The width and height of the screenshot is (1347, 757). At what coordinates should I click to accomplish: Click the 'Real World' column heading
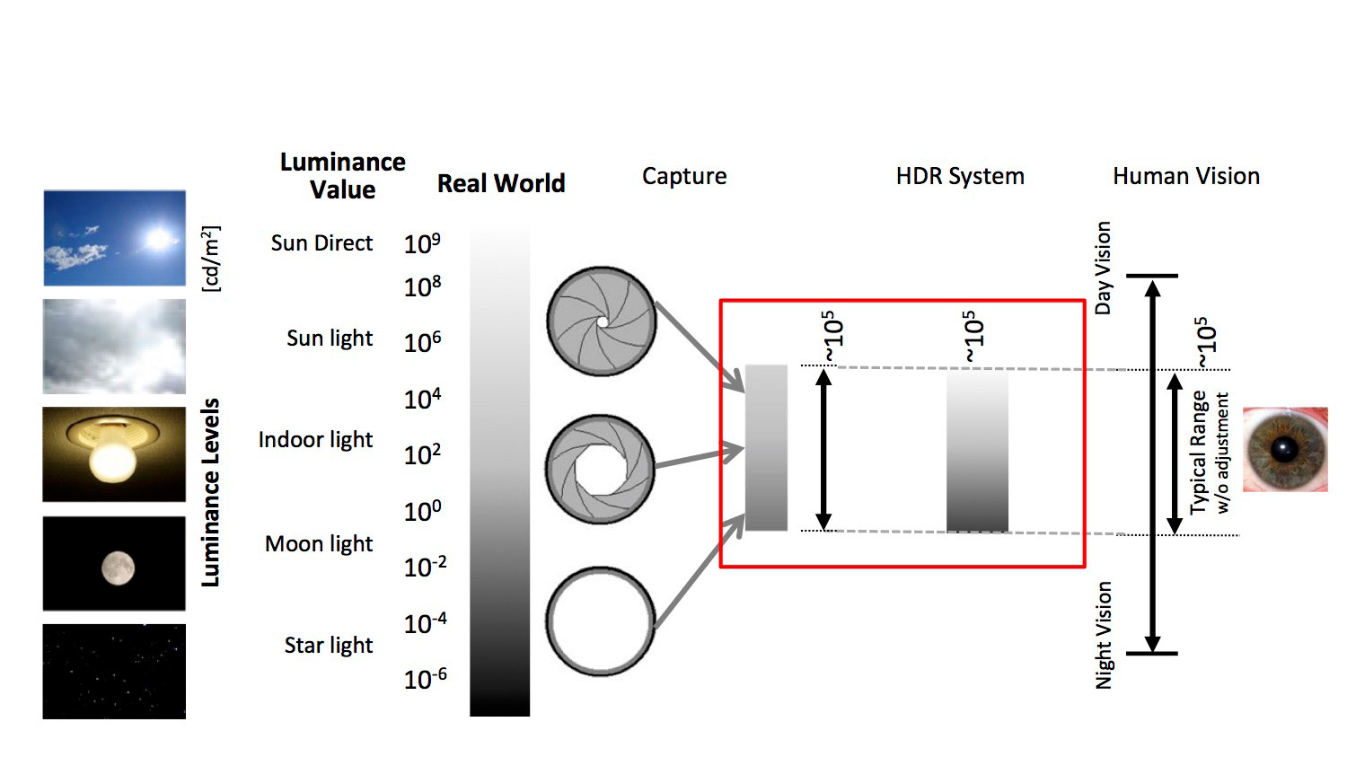pos(501,183)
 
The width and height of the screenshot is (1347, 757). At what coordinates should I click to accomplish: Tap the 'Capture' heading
pos(684,176)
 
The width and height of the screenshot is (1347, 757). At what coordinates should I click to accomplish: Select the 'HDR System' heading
pos(960,176)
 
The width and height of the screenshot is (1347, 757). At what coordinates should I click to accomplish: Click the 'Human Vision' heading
pos(1186,176)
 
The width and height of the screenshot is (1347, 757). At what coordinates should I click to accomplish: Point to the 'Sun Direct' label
pos(321,243)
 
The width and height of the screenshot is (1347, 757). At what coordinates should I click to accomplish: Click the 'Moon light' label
pos(319,544)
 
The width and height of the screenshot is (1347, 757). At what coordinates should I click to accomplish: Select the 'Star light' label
pos(329,645)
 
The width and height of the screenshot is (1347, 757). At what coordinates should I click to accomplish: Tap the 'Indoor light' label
pos(316,439)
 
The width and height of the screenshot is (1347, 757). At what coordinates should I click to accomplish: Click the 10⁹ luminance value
pos(422,243)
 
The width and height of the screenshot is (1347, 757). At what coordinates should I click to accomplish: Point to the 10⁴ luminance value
pos(422,400)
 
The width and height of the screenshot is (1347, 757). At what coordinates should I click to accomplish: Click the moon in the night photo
pos(118,568)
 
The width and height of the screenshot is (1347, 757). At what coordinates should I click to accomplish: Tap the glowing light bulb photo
pos(114,454)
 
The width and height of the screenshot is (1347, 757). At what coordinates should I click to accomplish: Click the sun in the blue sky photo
pos(159,239)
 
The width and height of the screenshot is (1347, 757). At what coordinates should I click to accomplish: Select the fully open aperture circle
pos(601,621)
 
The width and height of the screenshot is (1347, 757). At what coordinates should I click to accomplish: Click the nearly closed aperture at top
pos(602,321)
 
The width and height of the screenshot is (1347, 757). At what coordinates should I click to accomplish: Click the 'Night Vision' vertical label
pos(1104,635)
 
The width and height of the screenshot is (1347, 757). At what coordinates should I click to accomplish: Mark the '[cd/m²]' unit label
pos(211,260)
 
